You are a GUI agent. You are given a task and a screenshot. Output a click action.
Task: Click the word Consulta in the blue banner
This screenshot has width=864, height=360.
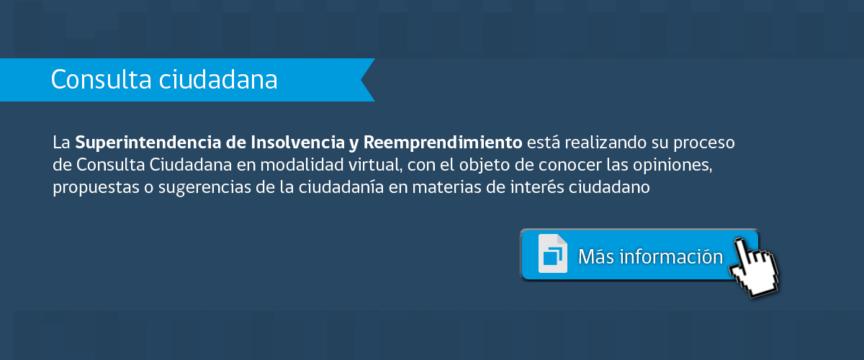101,79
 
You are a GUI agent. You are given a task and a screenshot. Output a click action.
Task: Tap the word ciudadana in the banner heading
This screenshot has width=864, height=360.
218,79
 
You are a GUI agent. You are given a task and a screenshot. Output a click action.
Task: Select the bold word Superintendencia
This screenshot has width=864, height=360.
148,143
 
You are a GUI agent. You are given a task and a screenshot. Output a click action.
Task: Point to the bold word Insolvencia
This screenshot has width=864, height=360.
297,143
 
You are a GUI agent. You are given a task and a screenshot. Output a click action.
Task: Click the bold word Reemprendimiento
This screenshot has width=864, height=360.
443,143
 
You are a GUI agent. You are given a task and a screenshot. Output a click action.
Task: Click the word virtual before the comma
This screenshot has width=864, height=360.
375,165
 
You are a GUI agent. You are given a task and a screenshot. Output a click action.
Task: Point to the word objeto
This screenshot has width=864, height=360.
485,166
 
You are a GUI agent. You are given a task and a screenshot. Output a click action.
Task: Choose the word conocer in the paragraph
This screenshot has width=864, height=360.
570,166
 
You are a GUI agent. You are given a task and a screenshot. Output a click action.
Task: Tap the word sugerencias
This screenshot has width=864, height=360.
204,188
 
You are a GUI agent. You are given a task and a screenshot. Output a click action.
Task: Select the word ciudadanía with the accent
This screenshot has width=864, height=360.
341,187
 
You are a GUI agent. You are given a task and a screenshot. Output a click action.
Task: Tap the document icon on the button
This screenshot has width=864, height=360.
553,253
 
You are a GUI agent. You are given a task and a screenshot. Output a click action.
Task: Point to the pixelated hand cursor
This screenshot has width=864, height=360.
753,268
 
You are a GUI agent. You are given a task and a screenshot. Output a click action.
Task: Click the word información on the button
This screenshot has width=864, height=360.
671,256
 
